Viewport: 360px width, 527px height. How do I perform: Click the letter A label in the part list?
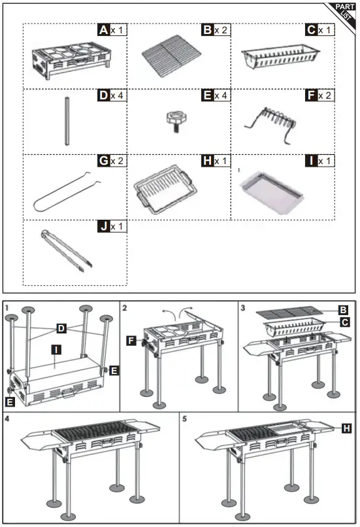(x=103, y=30)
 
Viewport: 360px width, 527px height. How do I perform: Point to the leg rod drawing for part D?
(x=67, y=121)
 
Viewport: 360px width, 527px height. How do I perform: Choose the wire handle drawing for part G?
(x=67, y=194)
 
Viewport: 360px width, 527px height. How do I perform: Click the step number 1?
(x=7, y=307)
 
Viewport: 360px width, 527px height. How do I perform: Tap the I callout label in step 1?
(x=57, y=350)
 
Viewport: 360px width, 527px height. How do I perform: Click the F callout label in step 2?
(x=131, y=340)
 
